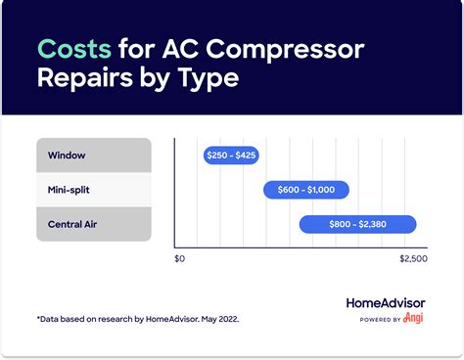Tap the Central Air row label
(x=71, y=224)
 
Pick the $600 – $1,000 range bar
(x=305, y=190)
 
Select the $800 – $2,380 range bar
(x=357, y=224)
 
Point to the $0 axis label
(x=179, y=259)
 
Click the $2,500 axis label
(x=413, y=259)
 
